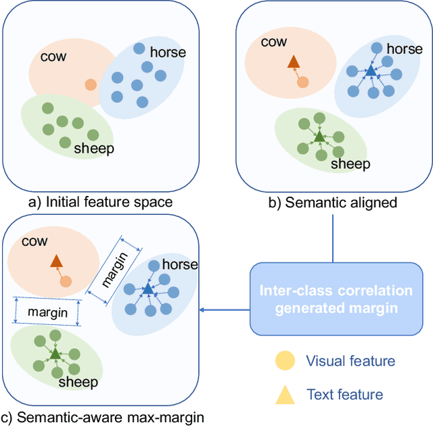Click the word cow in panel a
[x=54, y=56]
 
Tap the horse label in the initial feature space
[x=167, y=51]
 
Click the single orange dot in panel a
[x=90, y=84]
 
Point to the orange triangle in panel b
[x=293, y=63]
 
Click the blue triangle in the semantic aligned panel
[x=371, y=70]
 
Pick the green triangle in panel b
[x=319, y=136]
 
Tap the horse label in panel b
[x=405, y=49]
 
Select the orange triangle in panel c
[x=56, y=261]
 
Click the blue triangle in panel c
[x=147, y=288]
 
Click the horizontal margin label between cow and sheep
[x=47, y=313]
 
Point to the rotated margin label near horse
[x=114, y=269]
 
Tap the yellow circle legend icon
[x=285, y=361]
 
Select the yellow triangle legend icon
[x=285, y=394]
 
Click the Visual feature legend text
[x=350, y=361]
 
